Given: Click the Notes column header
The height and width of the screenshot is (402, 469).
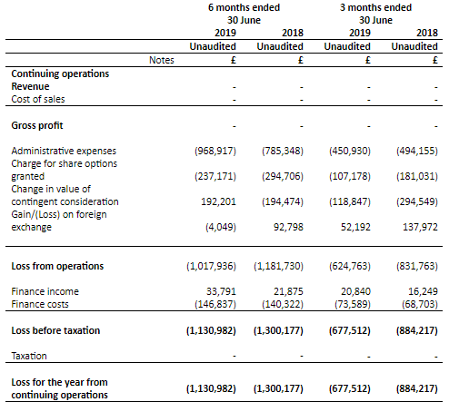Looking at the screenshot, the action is point(162,60).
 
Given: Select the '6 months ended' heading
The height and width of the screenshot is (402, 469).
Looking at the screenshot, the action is point(244,7).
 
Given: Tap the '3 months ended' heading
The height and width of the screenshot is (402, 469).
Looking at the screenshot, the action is point(375,7).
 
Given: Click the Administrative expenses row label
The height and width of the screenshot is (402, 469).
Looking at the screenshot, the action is point(64,151).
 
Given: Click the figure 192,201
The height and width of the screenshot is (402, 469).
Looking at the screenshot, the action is point(218,201).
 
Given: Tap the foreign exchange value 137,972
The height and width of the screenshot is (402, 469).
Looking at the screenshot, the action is point(420,227).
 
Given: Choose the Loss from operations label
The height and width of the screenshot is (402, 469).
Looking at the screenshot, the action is point(57,266).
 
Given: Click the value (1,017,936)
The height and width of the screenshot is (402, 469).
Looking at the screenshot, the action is point(211,266).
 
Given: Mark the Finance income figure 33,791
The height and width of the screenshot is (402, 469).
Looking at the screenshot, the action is point(221,291).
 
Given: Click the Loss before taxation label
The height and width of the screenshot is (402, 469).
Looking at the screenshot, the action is point(55,330).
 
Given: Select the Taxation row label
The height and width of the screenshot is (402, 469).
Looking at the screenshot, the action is point(29,356).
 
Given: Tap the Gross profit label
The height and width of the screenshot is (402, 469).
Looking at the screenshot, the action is point(37,125).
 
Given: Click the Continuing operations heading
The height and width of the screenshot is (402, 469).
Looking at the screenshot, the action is point(60,74).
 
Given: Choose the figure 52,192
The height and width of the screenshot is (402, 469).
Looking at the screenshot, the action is point(355,227).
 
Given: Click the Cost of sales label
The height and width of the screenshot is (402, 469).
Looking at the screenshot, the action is point(38,99).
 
